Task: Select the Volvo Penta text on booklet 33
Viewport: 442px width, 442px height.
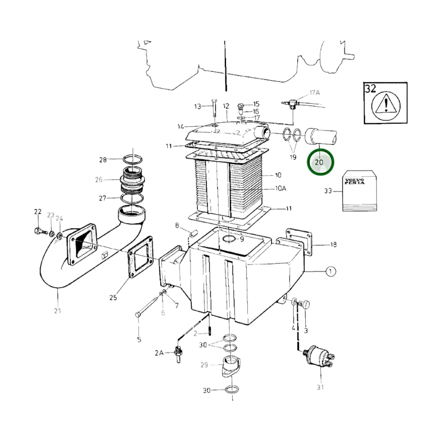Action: pyautogui.click(x=355, y=181)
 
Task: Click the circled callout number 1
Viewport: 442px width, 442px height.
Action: pyautogui.click(x=330, y=271)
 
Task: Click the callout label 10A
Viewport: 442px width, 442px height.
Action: pyautogui.click(x=280, y=188)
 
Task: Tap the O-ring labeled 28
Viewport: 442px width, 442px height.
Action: pyautogui.click(x=133, y=159)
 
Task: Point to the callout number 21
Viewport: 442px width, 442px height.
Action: pyautogui.click(x=58, y=311)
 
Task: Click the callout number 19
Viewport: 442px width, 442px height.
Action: pyautogui.click(x=293, y=157)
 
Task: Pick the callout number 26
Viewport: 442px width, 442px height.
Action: pyautogui.click(x=98, y=180)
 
